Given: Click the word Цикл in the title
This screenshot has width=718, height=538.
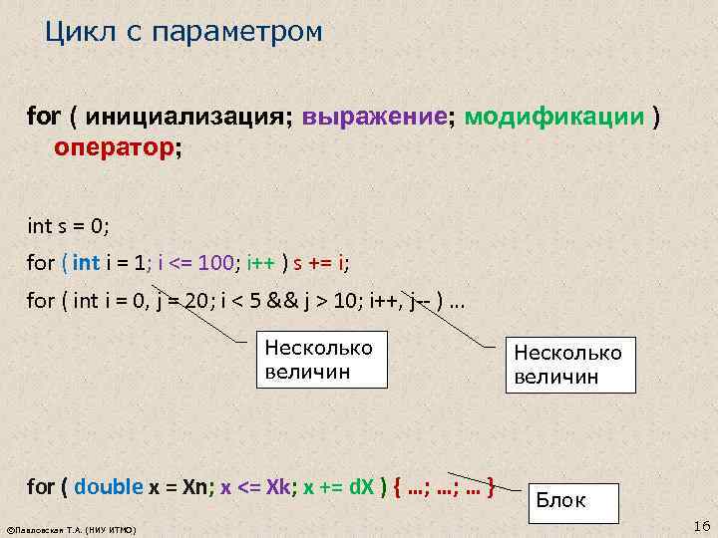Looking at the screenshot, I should point(75,33).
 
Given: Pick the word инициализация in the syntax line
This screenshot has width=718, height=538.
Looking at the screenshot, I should point(189,118).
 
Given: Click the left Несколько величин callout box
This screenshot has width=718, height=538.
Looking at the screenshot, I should point(317,359).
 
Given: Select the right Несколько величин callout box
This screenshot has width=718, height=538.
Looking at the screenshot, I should point(568,365).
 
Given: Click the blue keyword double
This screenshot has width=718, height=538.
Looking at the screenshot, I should point(110,488).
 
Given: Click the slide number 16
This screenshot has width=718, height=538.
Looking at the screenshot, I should point(698,525).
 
